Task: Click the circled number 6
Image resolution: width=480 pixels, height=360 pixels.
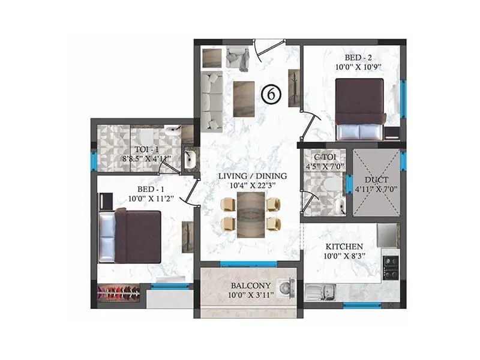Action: point(271,94)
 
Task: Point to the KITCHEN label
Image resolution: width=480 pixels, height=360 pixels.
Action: point(344,247)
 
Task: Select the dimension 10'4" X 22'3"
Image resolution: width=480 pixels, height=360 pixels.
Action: point(252,185)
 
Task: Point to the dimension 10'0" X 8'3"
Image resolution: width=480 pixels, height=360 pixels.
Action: point(344,256)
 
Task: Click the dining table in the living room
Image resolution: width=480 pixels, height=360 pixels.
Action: point(251,214)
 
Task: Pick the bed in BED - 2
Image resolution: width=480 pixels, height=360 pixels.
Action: point(359,108)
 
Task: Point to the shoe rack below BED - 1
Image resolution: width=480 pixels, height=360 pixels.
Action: point(121,293)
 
